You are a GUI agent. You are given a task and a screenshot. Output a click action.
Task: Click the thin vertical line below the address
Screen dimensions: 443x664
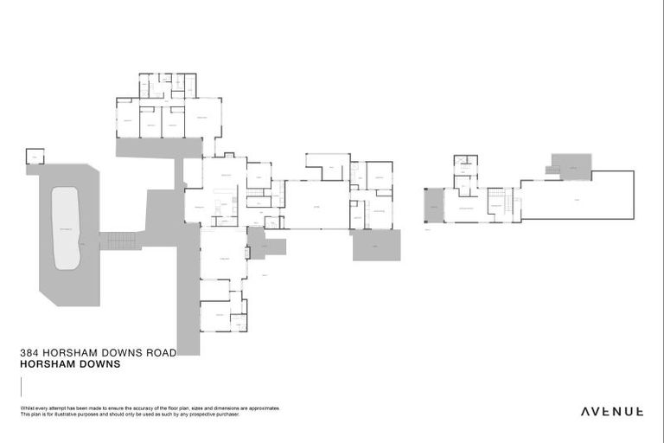pos(20,385)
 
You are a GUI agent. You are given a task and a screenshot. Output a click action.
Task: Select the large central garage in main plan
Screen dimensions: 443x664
pos(316,205)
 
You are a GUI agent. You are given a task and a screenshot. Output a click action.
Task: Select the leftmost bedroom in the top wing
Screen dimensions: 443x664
pos(127,122)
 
